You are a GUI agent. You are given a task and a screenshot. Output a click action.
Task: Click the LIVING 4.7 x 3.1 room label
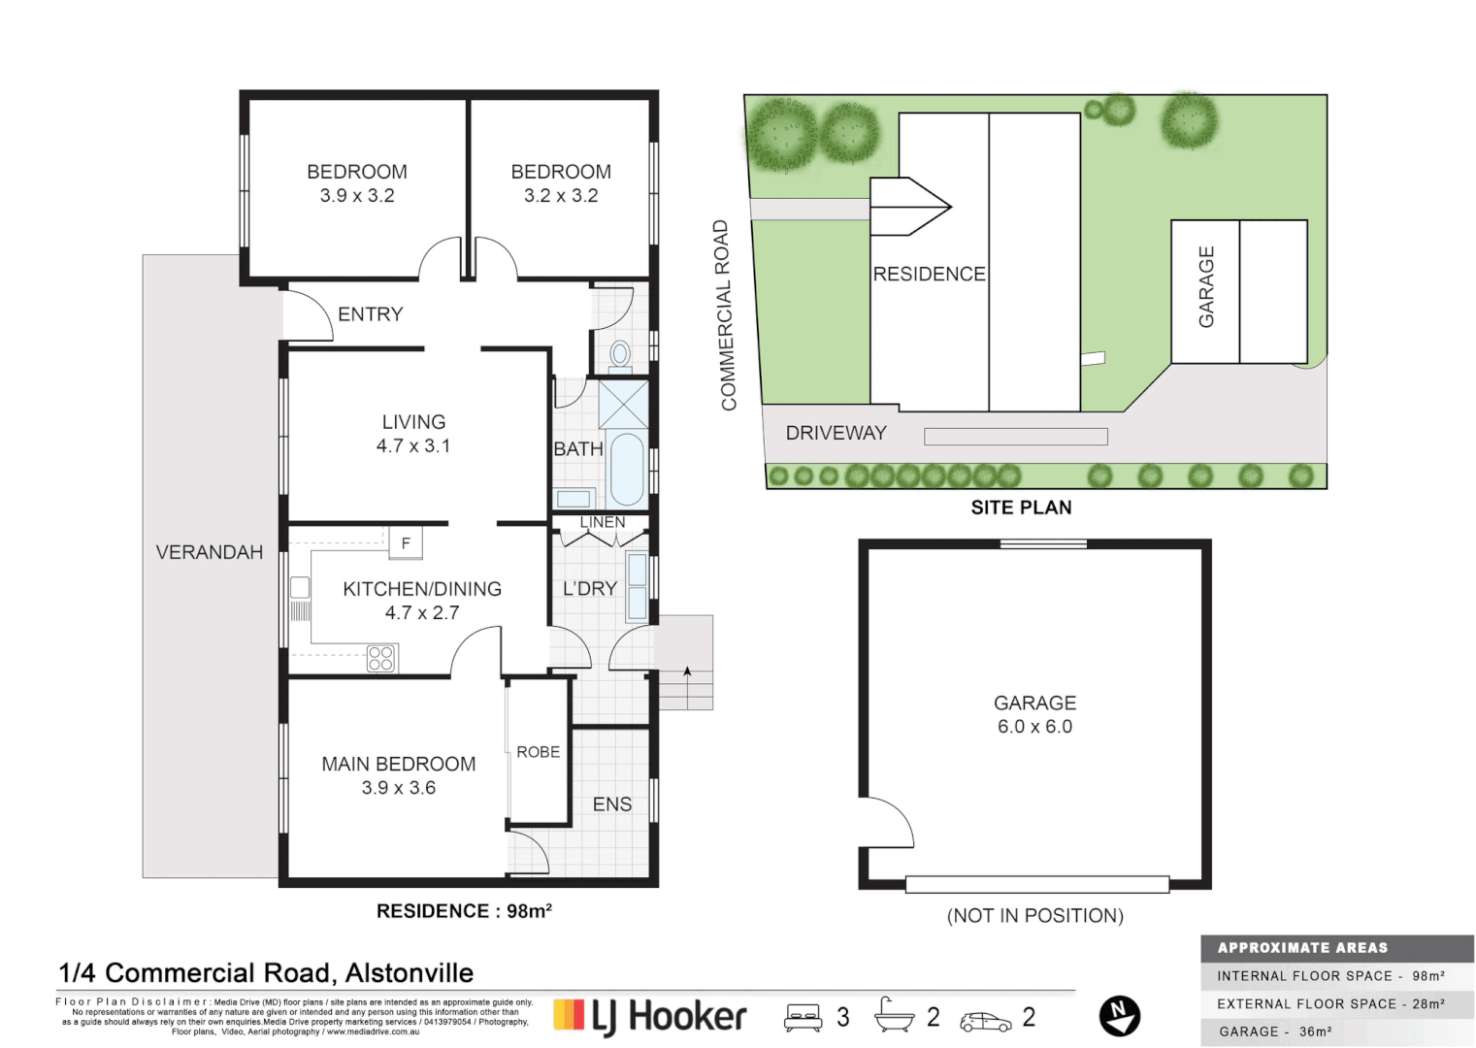click(413, 434)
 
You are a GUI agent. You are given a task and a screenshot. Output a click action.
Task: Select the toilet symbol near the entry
click(620, 354)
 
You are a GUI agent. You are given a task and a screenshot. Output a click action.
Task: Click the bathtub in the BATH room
click(626, 469)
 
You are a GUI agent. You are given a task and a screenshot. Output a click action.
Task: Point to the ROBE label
click(538, 752)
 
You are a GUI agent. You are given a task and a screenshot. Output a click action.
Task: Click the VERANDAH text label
click(209, 552)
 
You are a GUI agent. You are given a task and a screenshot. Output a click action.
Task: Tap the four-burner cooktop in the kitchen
click(380, 659)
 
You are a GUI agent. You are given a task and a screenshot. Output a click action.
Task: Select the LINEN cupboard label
click(602, 522)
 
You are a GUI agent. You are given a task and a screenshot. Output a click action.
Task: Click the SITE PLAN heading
click(1021, 508)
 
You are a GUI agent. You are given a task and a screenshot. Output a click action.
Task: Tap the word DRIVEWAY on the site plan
click(836, 434)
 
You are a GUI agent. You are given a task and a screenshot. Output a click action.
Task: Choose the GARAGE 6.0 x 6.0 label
click(1034, 714)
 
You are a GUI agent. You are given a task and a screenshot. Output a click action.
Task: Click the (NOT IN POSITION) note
click(1034, 916)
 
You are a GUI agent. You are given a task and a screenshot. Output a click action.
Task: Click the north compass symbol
click(1119, 1016)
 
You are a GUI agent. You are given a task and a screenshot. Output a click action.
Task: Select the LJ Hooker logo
click(650, 1016)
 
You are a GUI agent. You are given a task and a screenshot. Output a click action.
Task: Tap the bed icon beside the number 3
click(804, 1017)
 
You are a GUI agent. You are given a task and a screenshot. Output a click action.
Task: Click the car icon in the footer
click(985, 1021)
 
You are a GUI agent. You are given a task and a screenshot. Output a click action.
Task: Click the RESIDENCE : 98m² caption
click(464, 911)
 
